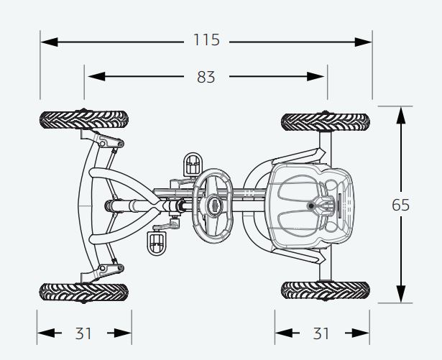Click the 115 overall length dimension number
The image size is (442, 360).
[x=206, y=40]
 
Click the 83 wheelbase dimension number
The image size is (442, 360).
[x=206, y=77]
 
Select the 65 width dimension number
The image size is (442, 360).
[x=400, y=205]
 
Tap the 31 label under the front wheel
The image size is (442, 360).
[x=83, y=333]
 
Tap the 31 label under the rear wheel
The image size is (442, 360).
[x=321, y=333]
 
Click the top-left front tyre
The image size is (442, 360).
[x=84, y=120]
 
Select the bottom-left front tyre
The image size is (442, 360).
[x=84, y=292]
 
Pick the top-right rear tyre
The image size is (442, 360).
[x=326, y=122]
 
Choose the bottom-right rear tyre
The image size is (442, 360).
[x=326, y=290]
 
